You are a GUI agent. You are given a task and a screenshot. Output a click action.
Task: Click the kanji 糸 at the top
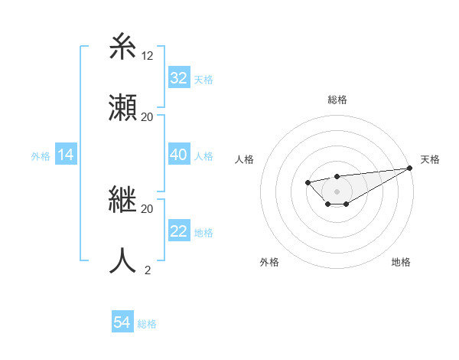[123, 47]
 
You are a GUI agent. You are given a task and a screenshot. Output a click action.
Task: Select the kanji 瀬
[123, 107]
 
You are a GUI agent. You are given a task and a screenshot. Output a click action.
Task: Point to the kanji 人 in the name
[123, 260]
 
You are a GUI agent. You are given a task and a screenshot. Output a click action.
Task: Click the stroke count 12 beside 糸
[148, 56]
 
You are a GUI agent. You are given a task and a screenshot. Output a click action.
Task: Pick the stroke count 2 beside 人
[148, 270]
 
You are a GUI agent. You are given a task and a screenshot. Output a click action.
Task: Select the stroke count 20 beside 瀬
[148, 117]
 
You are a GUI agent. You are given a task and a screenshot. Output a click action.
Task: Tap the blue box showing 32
[179, 78]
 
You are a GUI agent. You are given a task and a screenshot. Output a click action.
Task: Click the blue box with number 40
[179, 155]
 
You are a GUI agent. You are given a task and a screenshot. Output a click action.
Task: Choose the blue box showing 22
[179, 231]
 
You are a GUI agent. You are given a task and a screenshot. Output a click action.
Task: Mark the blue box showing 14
[66, 155]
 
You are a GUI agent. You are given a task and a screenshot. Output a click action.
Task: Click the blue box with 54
[122, 323]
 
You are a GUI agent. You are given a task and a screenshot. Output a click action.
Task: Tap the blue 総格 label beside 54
[147, 324]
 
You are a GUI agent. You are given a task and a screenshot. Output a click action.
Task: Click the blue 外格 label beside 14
[41, 156]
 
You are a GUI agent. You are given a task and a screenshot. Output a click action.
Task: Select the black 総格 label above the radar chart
[337, 100]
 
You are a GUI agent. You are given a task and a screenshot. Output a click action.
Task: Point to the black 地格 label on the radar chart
[401, 262]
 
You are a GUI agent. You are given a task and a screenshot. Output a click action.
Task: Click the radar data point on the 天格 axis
[409, 168]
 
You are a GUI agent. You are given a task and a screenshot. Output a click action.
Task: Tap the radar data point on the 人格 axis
[308, 182]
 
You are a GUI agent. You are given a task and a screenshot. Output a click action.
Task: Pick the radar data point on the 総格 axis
[337, 177]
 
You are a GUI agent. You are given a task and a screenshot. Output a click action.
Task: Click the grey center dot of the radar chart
[337, 191]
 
